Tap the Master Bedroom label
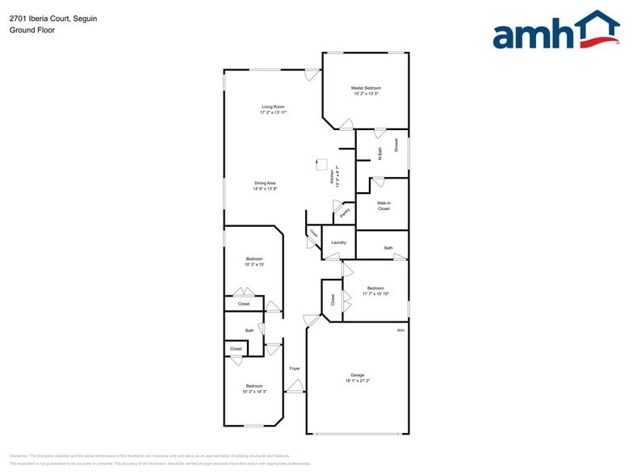pyautogui.click(x=366, y=88)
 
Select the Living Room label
pyautogui.click(x=273, y=107)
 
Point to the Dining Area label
pyautogui.click(x=266, y=183)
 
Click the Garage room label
pyautogui.click(x=357, y=375)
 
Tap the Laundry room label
pyautogui.click(x=338, y=242)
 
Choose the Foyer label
pyautogui.click(x=295, y=368)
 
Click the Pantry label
pyautogui.click(x=344, y=213)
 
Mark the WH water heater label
pyautogui.click(x=400, y=330)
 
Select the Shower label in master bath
pyautogui.click(x=396, y=145)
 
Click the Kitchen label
pyautogui.click(x=331, y=177)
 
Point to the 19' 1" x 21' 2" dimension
pyautogui.click(x=357, y=380)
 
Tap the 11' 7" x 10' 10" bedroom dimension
pyautogui.click(x=375, y=293)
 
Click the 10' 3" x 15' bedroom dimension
pyautogui.click(x=254, y=264)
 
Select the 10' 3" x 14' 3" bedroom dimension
pyautogui.click(x=254, y=391)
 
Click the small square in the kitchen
pyautogui.click(x=321, y=164)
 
